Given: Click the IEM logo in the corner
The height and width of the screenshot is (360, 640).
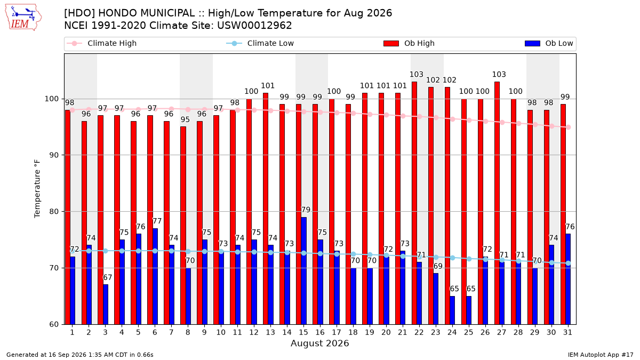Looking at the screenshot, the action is [23, 18].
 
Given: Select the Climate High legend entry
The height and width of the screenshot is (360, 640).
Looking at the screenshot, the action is [102, 43].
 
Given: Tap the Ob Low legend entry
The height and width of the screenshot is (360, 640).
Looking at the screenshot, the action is [549, 43].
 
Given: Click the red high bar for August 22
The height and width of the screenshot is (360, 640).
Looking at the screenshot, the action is [414, 203].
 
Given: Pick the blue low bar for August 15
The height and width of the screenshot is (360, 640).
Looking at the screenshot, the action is [303, 271].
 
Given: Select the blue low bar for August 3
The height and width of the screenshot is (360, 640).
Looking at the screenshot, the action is [106, 305].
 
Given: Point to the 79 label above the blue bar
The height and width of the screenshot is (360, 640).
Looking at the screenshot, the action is [306, 210].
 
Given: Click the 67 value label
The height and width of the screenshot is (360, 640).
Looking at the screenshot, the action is [107, 277].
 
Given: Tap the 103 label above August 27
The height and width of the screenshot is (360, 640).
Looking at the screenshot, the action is [499, 74].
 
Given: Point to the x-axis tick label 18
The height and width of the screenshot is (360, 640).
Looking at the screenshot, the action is [353, 332].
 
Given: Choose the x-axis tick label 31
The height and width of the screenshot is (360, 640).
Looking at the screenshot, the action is [567, 332].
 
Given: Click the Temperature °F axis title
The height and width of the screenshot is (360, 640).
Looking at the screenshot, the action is [37, 189].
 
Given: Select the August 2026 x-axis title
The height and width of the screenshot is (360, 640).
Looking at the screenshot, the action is [319, 343].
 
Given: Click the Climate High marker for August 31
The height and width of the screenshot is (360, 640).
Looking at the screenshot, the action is [569, 127].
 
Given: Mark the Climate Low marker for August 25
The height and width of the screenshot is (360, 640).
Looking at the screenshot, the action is [469, 259].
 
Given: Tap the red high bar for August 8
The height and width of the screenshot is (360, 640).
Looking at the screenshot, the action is [183, 226].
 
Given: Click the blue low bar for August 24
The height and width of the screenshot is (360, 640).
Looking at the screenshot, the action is [452, 310].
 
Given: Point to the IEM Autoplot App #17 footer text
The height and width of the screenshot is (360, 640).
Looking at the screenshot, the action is [601, 355].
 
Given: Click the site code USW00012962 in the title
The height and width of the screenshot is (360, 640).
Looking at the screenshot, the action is [254, 26].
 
